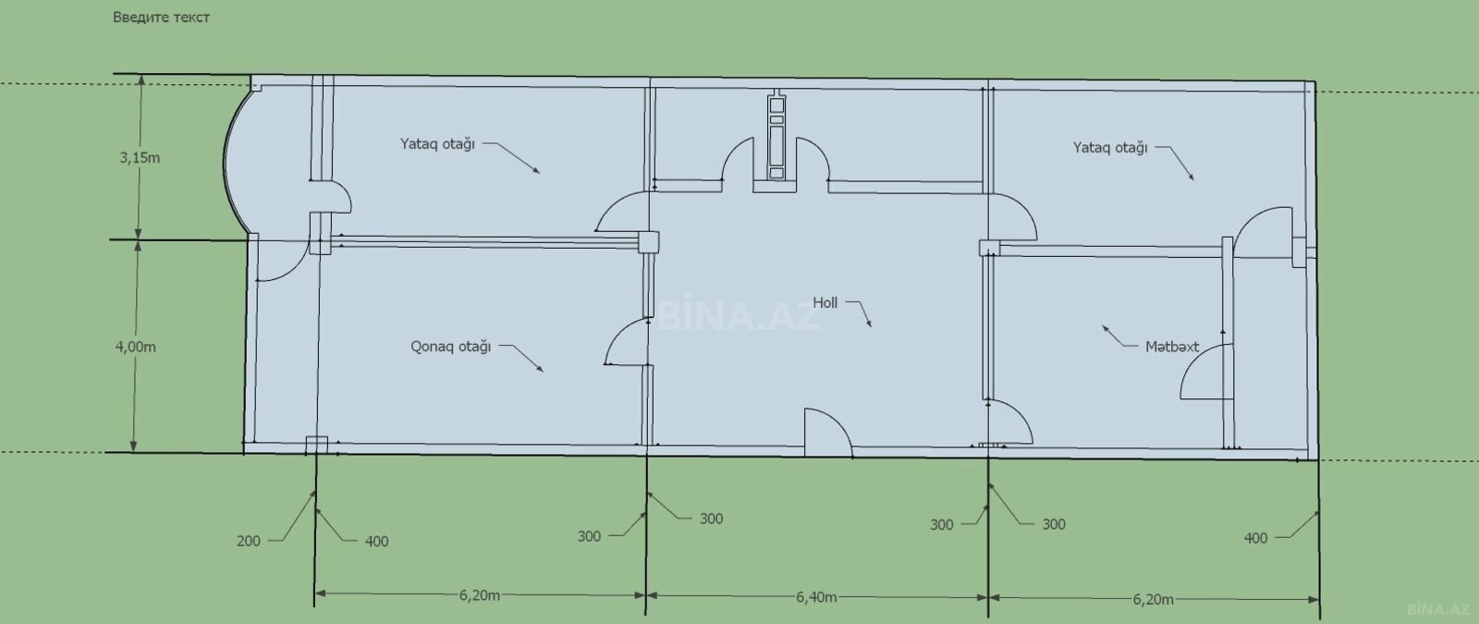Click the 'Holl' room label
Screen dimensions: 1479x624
coord(825,303)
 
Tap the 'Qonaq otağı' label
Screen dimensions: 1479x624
coord(450,347)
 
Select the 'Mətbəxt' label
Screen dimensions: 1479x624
coord(1172,347)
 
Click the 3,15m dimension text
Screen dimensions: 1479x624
coord(140,158)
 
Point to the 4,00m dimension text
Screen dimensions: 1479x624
coord(135,347)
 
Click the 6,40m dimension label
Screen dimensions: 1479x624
coord(816,597)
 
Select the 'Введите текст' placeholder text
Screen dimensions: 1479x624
coord(161,18)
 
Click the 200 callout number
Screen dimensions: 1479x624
coord(249,541)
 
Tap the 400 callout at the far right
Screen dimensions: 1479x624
coord(1255,538)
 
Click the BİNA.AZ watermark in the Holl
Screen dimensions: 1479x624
coord(739,313)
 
